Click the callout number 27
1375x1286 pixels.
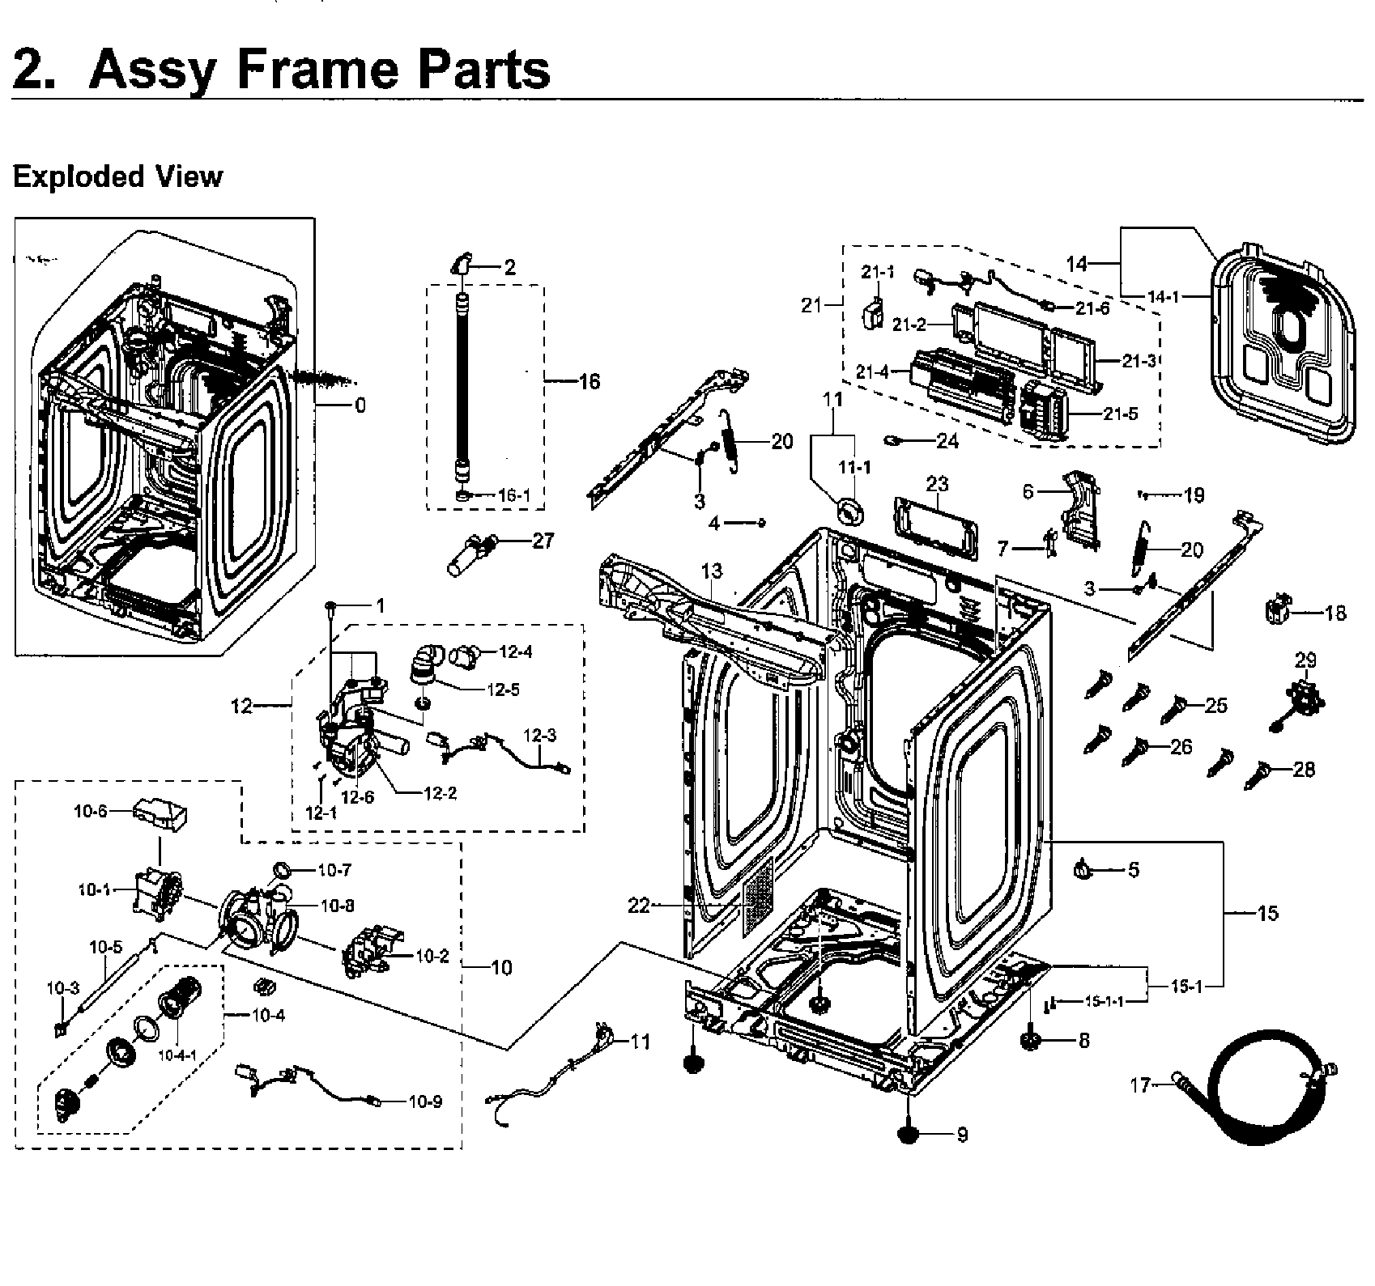point(543,540)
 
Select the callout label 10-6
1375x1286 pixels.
point(90,810)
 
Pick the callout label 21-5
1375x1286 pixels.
point(1121,414)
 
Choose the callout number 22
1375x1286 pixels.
point(639,906)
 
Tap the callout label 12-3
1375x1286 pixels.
point(539,736)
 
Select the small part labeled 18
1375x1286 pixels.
point(1276,608)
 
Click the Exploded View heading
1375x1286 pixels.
point(117,176)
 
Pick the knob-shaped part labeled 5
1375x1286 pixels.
point(1083,869)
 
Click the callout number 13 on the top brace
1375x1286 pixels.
point(711,572)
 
